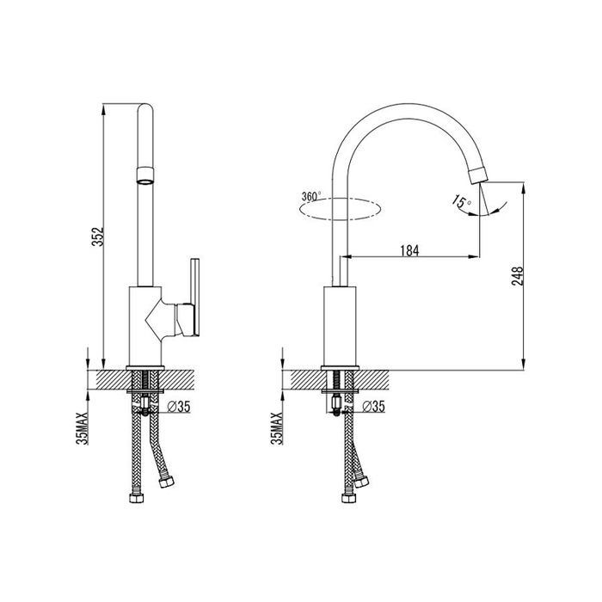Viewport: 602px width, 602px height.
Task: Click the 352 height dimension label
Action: pyautogui.click(x=97, y=236)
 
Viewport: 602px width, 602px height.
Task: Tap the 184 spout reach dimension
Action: pyautogui.click(x=409, y=250)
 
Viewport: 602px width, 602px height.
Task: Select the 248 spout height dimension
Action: pyautogui.click(x=518, y=276)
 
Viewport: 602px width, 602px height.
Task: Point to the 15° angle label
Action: pyautogui.click(x=462, y=202)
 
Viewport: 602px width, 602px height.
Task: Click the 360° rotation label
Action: pyautogui.click(x=311, y=196)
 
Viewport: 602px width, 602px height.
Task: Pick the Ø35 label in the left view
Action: pyautogui.click(x=179, y=406)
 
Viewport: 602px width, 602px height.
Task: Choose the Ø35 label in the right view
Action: pyautogui.click(x=373, y=406)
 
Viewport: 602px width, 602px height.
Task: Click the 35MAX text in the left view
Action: pyautogui.click(x=83, y=428)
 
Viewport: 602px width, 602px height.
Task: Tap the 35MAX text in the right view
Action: pyautogui.click(x=276, y=428)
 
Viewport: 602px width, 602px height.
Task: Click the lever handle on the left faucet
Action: pyautogui.click(x=195, y=298)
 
